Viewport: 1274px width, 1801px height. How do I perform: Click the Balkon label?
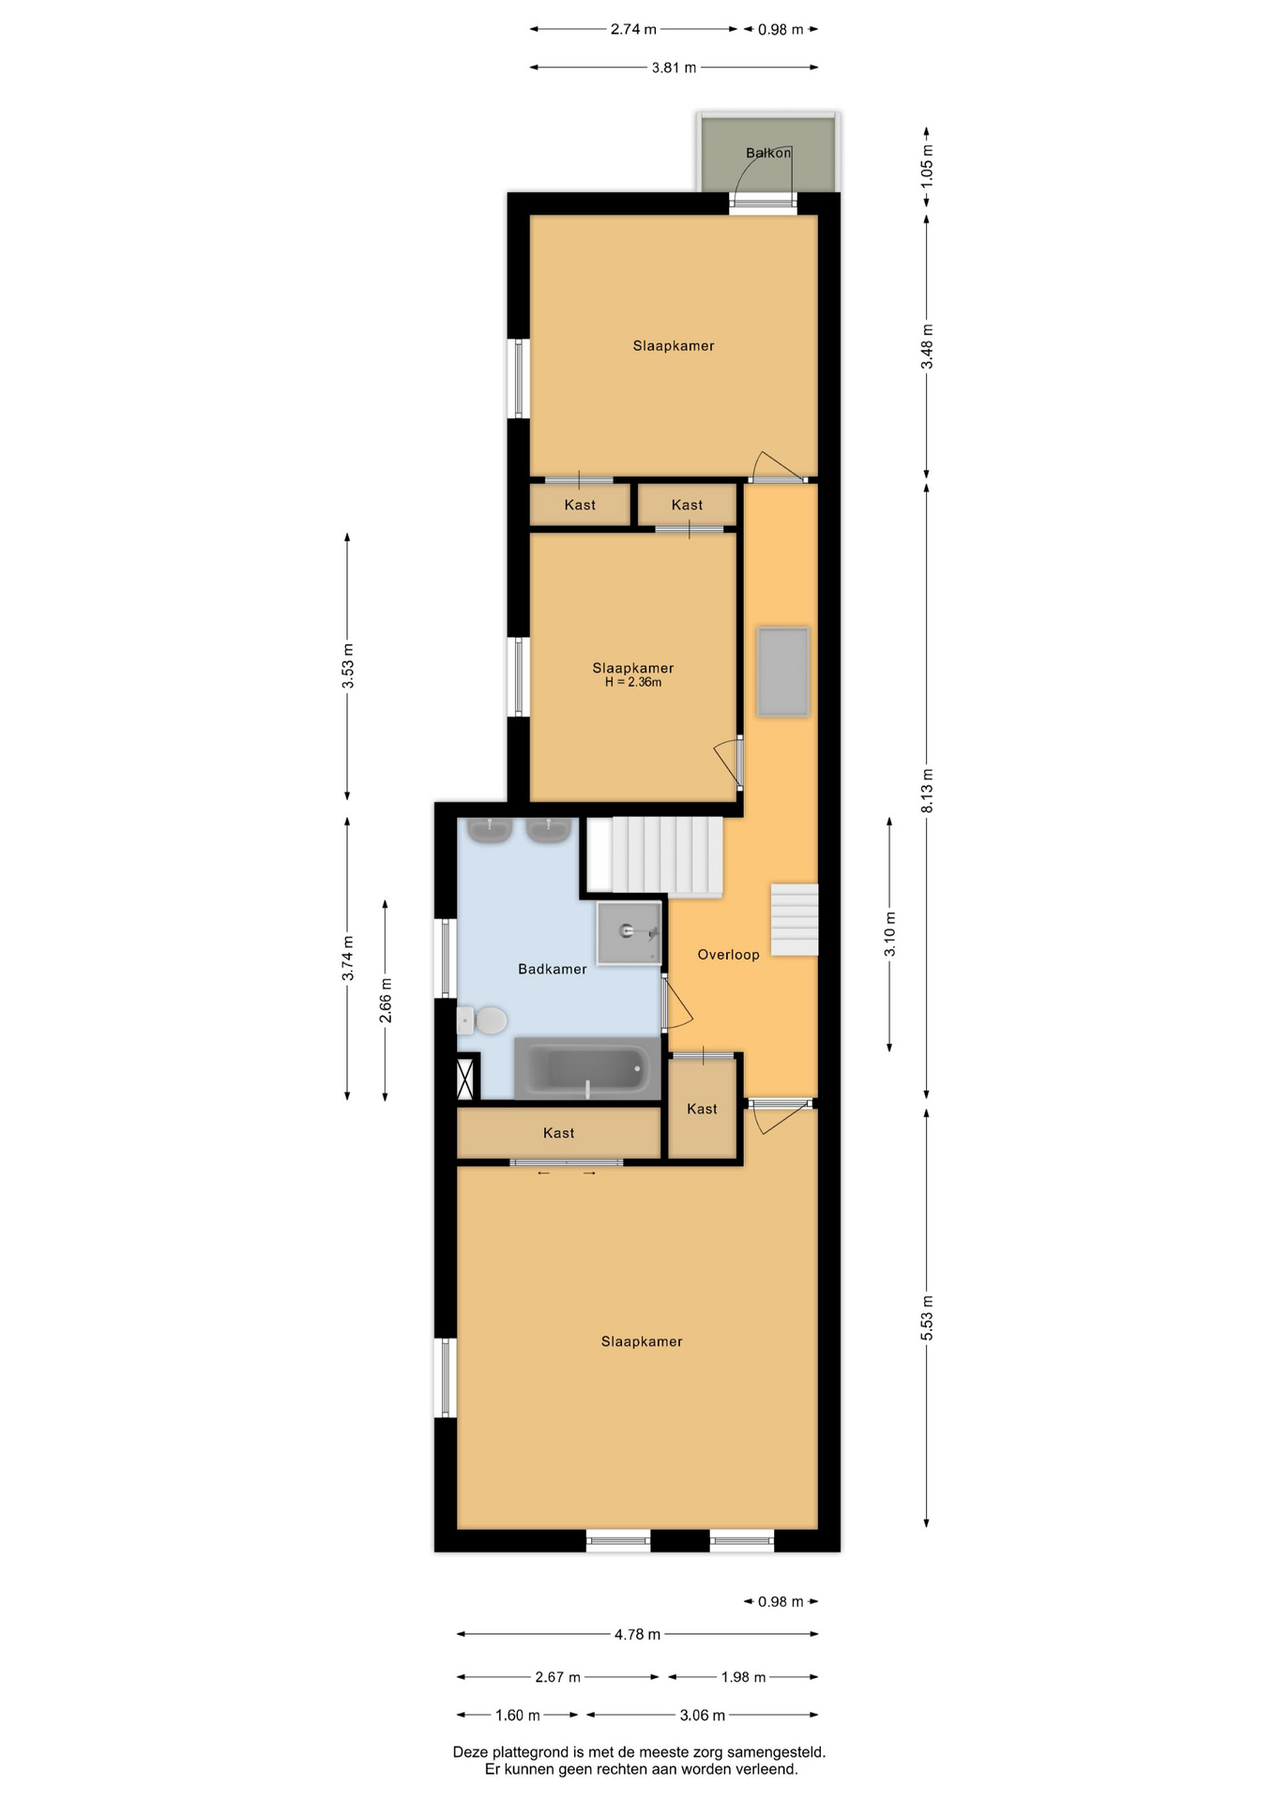click(768, 153)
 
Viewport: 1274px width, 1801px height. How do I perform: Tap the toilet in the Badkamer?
click(482, 1020)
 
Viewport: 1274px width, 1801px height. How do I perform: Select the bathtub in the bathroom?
click(587, 1068)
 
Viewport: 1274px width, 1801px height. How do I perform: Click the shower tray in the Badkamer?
click(629, 932)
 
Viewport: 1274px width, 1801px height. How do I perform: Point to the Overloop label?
click(728, 955)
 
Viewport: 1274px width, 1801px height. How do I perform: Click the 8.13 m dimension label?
click(927, 791)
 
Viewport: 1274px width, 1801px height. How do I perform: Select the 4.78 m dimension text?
click(637, 1634)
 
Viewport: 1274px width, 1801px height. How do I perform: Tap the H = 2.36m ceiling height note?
click(633, 682)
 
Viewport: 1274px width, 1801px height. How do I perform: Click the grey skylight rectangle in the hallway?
click(783, 672)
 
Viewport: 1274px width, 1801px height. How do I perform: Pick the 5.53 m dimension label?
click(927, 1318)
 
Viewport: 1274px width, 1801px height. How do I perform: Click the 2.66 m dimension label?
click(386, 1000)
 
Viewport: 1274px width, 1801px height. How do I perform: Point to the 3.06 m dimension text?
click(703, 1715)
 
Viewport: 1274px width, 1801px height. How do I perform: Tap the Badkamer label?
click(553, 969)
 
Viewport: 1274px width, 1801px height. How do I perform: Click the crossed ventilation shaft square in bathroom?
click(464, 1078)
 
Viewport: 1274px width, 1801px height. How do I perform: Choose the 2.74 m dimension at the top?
click(633, 29)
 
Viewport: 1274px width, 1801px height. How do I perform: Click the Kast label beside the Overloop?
click(702, 1109)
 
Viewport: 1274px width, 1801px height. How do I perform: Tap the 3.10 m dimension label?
click(890, 934)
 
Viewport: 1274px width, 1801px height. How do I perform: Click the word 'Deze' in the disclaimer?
click(471, 1751)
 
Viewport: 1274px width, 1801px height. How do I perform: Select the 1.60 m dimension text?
click(518, 1715)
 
